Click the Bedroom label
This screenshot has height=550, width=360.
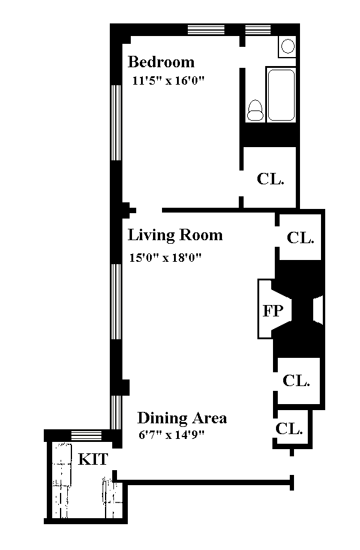coord(161,62)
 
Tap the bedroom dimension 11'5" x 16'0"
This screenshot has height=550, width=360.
coord(168,80)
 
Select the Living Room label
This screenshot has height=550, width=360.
coord(175,235)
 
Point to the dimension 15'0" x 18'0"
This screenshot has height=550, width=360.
coord(166,258)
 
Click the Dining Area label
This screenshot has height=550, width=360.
coord(182,418)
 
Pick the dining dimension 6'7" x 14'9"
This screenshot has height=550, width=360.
coord(172,435)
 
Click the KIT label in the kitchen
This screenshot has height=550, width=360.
coord(93,459)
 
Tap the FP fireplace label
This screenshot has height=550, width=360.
coord(273,310)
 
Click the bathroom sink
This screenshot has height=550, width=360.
coord(288,46)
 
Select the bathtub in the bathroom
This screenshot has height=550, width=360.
coord(281,95)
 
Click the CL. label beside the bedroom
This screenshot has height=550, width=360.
coord(270,179)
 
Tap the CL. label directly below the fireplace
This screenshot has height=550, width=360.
coord(296,380)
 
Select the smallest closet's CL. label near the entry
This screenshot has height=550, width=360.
coord(289,428)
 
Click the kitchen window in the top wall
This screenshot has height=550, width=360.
coord(86,435)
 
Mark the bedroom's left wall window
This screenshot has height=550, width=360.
coord(116,122)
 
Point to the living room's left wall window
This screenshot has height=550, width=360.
coord(116,301)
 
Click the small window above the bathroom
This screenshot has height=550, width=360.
coord(259,29)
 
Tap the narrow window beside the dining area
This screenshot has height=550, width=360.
coord(116,412)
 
